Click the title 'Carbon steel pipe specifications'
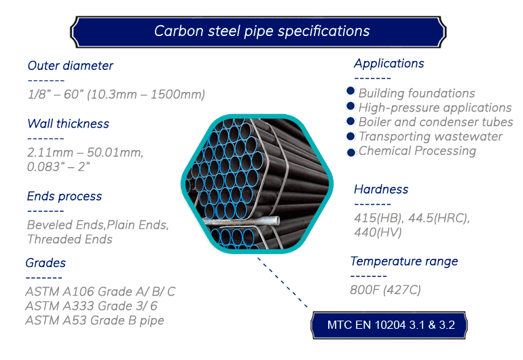tap(261, 31)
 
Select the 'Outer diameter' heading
tap(71, 66)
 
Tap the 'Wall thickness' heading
tap(69, 124)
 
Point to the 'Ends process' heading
tap(65, 196)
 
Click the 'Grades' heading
tap(46, 263)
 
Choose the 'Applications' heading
tap(389, 63)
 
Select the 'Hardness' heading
tap(381, 190)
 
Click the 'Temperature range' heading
tap(404, 262)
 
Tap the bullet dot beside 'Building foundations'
tap(350, 91)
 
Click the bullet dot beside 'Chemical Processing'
tap(351, 152)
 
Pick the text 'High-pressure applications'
tap(435, 108)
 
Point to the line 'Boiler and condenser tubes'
tap(435, 122)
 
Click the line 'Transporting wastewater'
tap(430, 137)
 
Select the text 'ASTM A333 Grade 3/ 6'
tap(91, 306)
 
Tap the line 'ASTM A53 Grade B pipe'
tap(94, 321)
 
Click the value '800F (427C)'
tap(385, 290)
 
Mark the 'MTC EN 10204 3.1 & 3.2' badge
tap(389, 325)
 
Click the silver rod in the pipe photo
tap(242, 221)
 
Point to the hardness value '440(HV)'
tap(378, 232)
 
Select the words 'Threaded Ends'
tap(70, 239)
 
